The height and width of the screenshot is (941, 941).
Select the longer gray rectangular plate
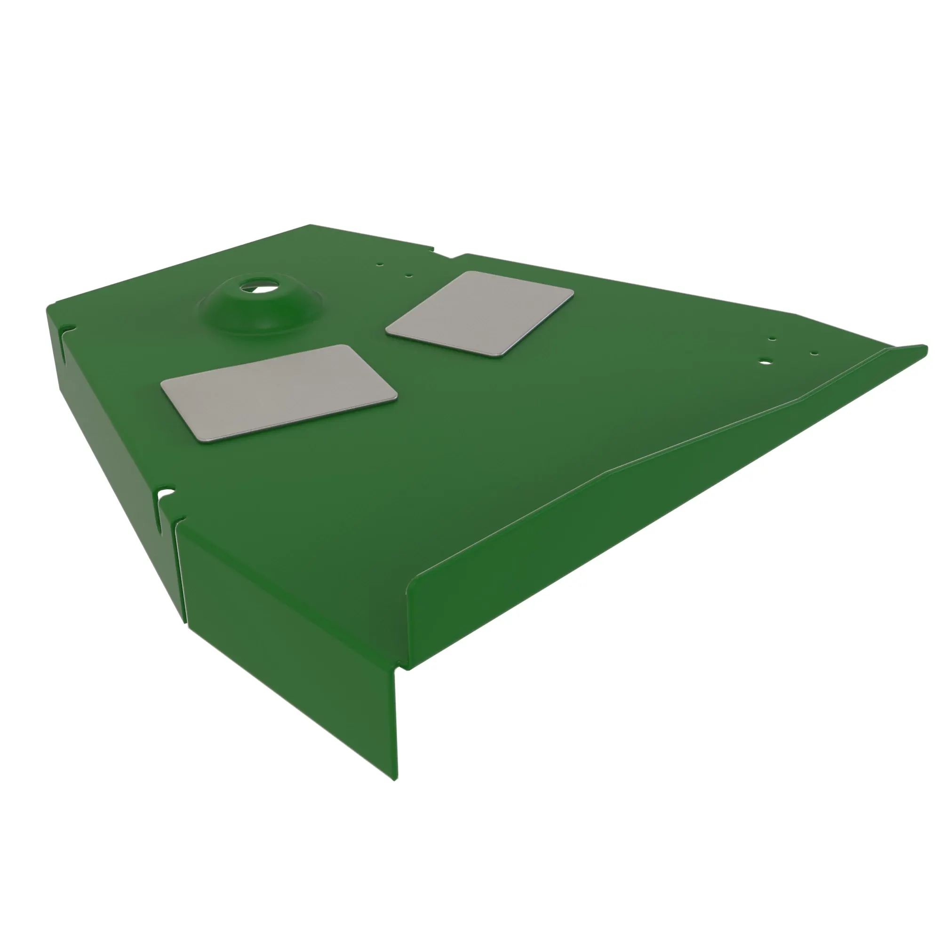coord(279,392)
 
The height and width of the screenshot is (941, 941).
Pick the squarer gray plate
coord(480,312)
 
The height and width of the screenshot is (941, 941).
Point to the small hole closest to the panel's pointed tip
coord(814,354)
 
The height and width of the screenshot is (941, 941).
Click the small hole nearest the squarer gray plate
coord(409,275)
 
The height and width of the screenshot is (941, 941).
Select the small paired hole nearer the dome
coord(380,265)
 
